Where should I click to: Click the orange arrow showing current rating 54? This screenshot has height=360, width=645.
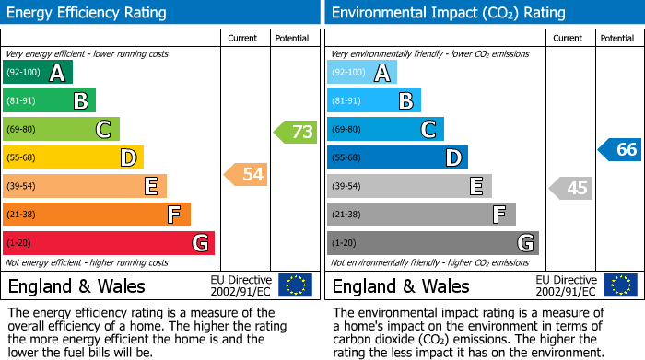pos(246,173)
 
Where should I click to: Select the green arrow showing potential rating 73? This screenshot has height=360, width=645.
pos(295,132)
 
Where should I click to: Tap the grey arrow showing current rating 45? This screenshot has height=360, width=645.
pos(570,188)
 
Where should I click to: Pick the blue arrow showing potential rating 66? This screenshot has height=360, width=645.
pos(619,149)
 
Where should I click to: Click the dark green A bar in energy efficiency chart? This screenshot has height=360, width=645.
pos(37,73)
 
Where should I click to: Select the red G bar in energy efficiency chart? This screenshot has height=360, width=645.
pos(108,243)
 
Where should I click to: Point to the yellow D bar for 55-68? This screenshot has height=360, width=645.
pos(73,158)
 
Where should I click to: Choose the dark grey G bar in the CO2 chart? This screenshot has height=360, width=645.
pos(432,243)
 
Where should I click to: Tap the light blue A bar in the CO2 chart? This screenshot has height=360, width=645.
pos(362,73)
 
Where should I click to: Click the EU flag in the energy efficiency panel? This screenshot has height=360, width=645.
pos(295,285)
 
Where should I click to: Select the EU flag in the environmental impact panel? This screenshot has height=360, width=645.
pos(619,285)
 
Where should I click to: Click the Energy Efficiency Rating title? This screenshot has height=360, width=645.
pos(88,13)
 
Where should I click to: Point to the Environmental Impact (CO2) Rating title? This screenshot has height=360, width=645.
pos(448,13)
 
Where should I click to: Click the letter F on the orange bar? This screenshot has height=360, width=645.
pos(173,215)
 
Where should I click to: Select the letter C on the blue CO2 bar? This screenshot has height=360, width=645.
pos(428,130)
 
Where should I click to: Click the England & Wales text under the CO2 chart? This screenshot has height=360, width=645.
pos(400,286)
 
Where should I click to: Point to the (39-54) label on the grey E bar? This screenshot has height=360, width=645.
pos(347,187)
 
